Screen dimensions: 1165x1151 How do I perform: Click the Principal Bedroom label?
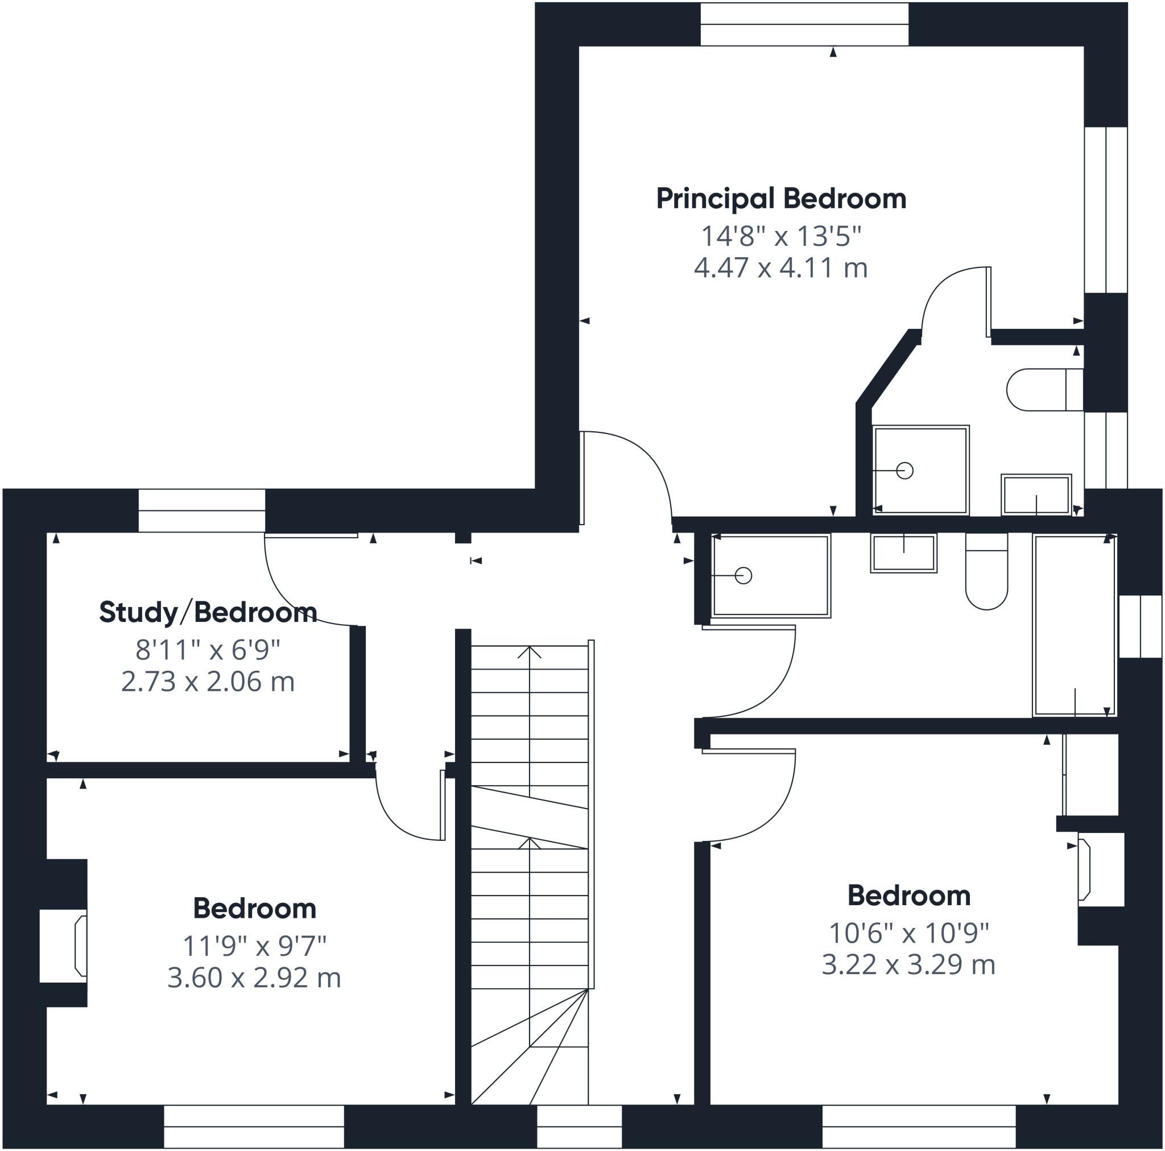click(x=781, y=200)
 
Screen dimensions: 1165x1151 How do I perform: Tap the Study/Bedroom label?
click(x=208, y=612)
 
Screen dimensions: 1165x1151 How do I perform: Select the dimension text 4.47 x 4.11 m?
click(x=781, y=268)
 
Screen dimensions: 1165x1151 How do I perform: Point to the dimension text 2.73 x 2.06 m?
click(x=208, y=682)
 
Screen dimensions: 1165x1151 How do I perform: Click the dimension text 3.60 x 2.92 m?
click(x=254, y=978)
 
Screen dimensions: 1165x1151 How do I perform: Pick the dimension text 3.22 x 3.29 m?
click(x=908, y=964)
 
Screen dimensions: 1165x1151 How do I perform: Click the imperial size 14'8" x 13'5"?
click(x=781, y=236)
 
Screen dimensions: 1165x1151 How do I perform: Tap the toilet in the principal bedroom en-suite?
click(x=1045, y=390)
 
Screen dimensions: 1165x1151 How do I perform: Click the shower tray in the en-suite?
click(x=920, y=471)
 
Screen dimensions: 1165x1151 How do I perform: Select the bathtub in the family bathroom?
click(x=1075, y=625)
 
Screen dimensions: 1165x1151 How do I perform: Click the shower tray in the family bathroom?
click(x=771, y=576)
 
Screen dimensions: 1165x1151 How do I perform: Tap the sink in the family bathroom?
click(x=903, y=553)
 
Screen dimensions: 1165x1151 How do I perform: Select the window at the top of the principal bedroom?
click(x=804, y=24)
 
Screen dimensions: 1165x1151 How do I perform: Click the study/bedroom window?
click(x=201, y=510)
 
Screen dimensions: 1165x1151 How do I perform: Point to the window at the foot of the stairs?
click(x=579, y=1127)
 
